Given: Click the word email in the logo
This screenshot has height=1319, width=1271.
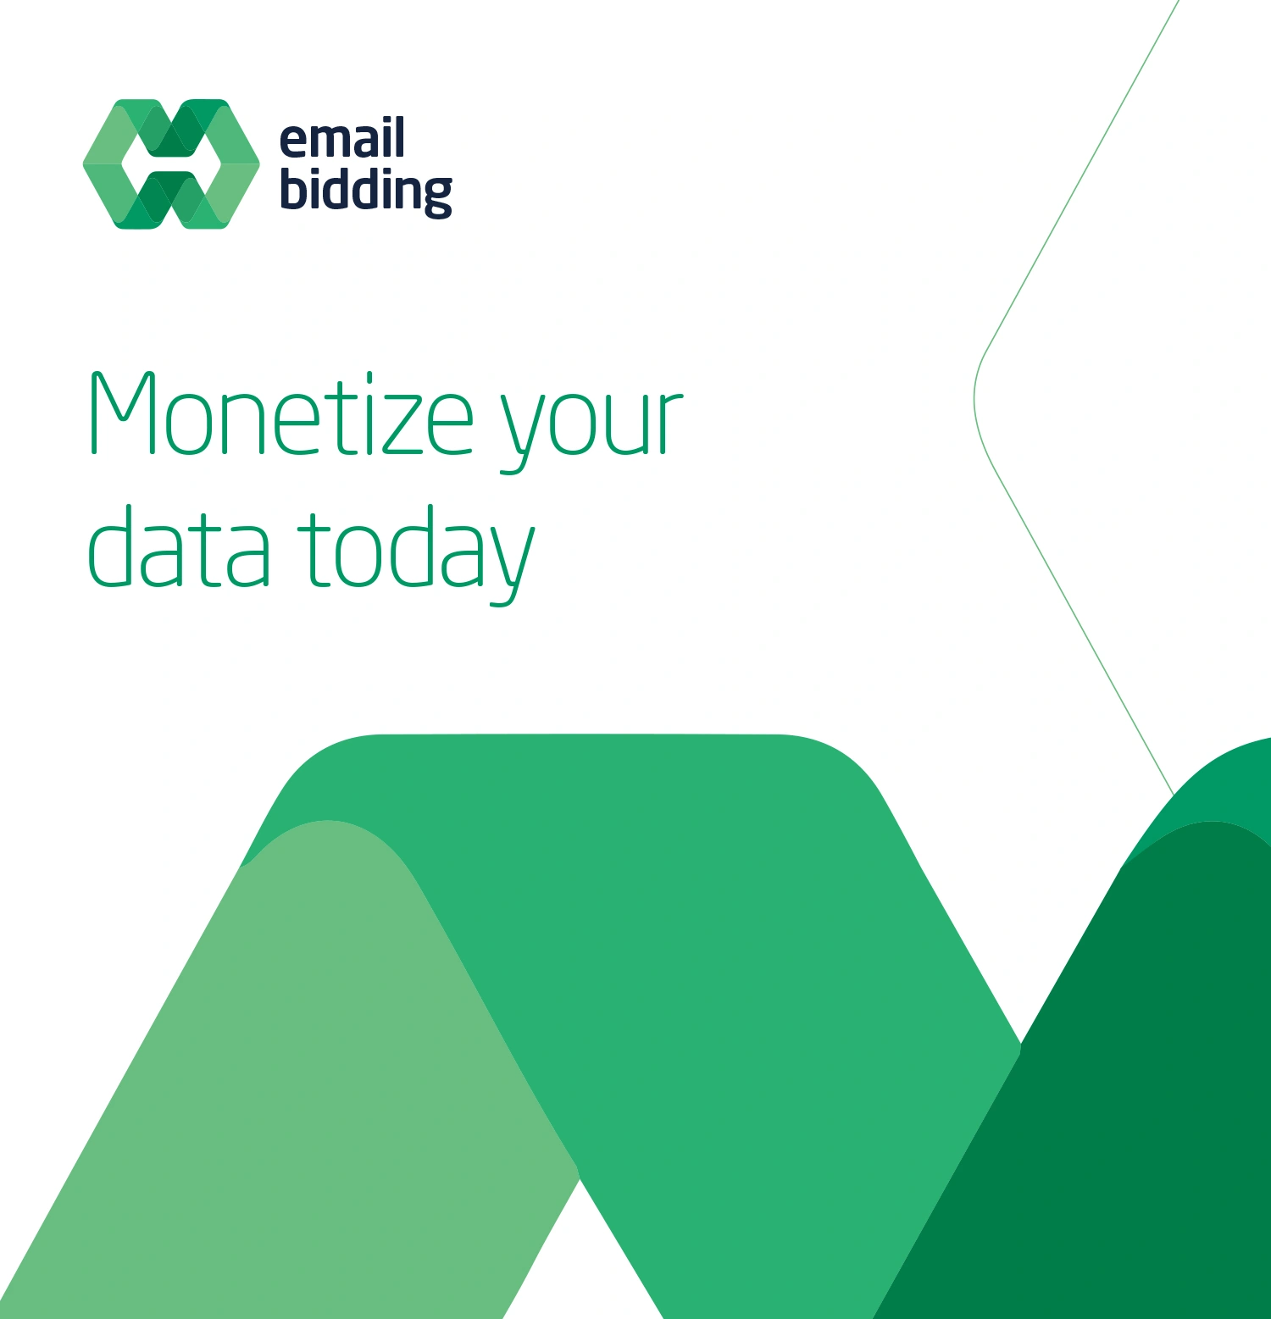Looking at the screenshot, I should [341, 139].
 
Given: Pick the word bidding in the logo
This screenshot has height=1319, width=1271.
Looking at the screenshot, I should [365, 191].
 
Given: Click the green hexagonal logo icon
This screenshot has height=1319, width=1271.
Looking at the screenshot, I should [171, 164].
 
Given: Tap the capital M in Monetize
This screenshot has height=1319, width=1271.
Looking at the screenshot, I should [123, 413].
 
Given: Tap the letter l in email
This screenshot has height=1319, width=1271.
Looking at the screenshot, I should [399, 137].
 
